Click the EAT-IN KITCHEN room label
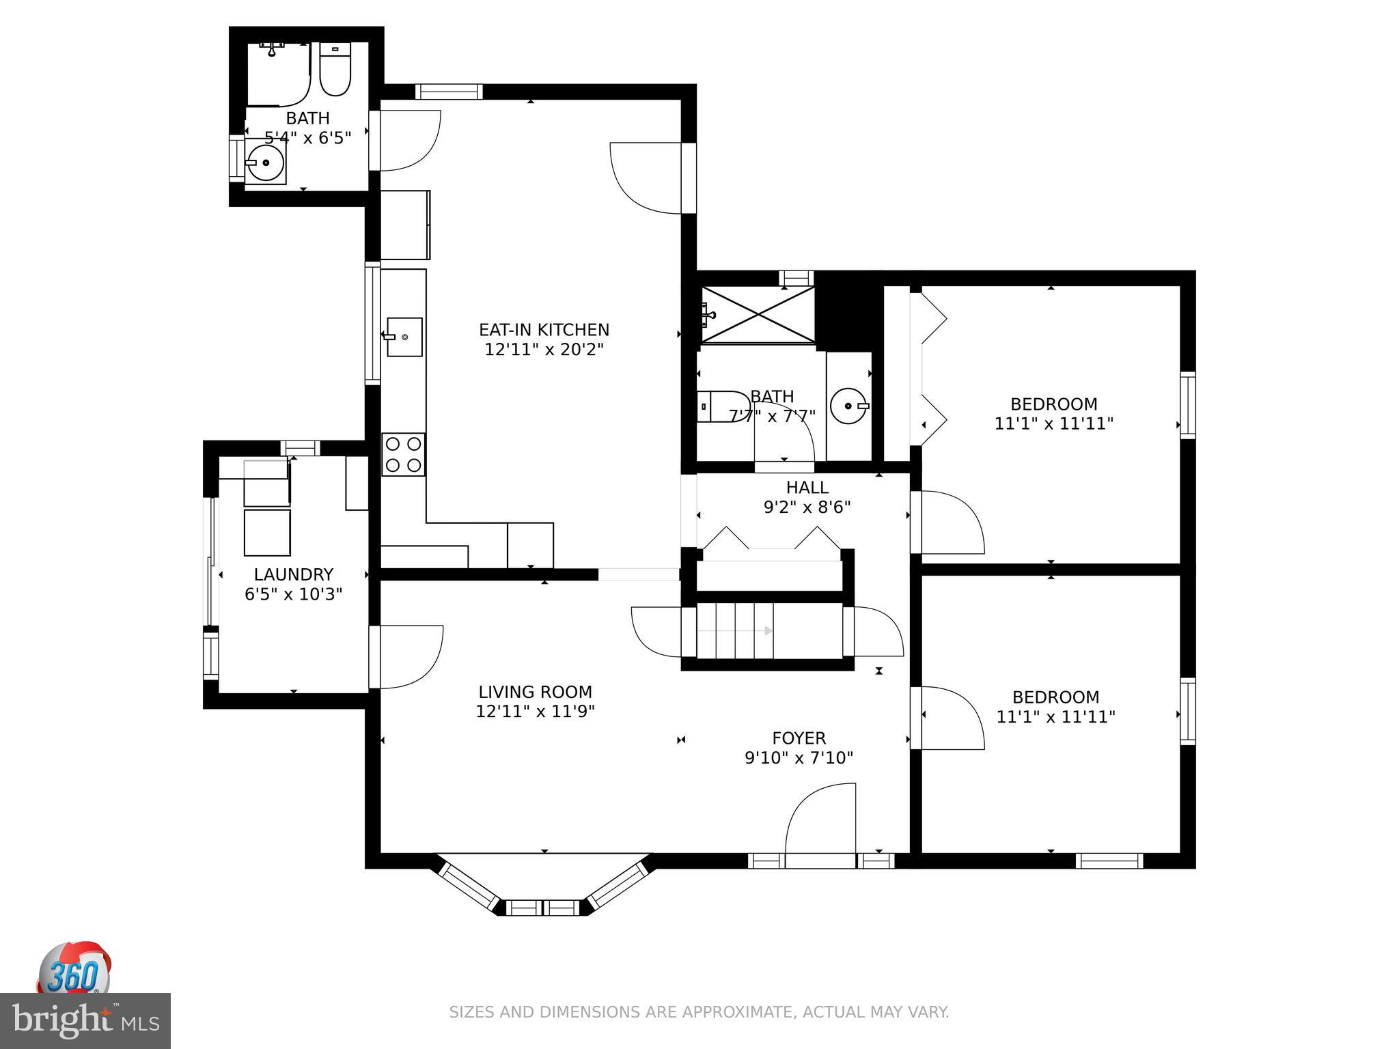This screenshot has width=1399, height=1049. click(x=544, y=330)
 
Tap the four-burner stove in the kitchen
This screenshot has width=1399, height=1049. click(x=403, y=455)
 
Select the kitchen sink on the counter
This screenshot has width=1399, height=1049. click(x=404, y=337)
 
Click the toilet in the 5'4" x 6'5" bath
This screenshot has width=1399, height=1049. click(x=335, y=70)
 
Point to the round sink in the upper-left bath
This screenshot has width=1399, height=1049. click(x=265, y=163)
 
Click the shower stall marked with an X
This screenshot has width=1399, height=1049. click(x=758, y=315)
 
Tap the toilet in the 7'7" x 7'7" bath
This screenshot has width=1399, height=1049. click(x=723, y=406)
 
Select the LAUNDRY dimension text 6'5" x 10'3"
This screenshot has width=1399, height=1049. click(x=293, y=594)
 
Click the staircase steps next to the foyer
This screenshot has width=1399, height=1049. click(x=734, y=630)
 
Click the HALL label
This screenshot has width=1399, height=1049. click(x=807, y=488)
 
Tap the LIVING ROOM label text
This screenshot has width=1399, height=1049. click(x=535, y=692)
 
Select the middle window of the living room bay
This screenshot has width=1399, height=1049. click(x=543, y=908)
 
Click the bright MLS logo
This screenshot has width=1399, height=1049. click(x=85, y=1020)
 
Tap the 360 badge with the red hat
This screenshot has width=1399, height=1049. click(x=74, y=968)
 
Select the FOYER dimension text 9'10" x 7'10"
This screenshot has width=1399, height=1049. click(x=799, y=757)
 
